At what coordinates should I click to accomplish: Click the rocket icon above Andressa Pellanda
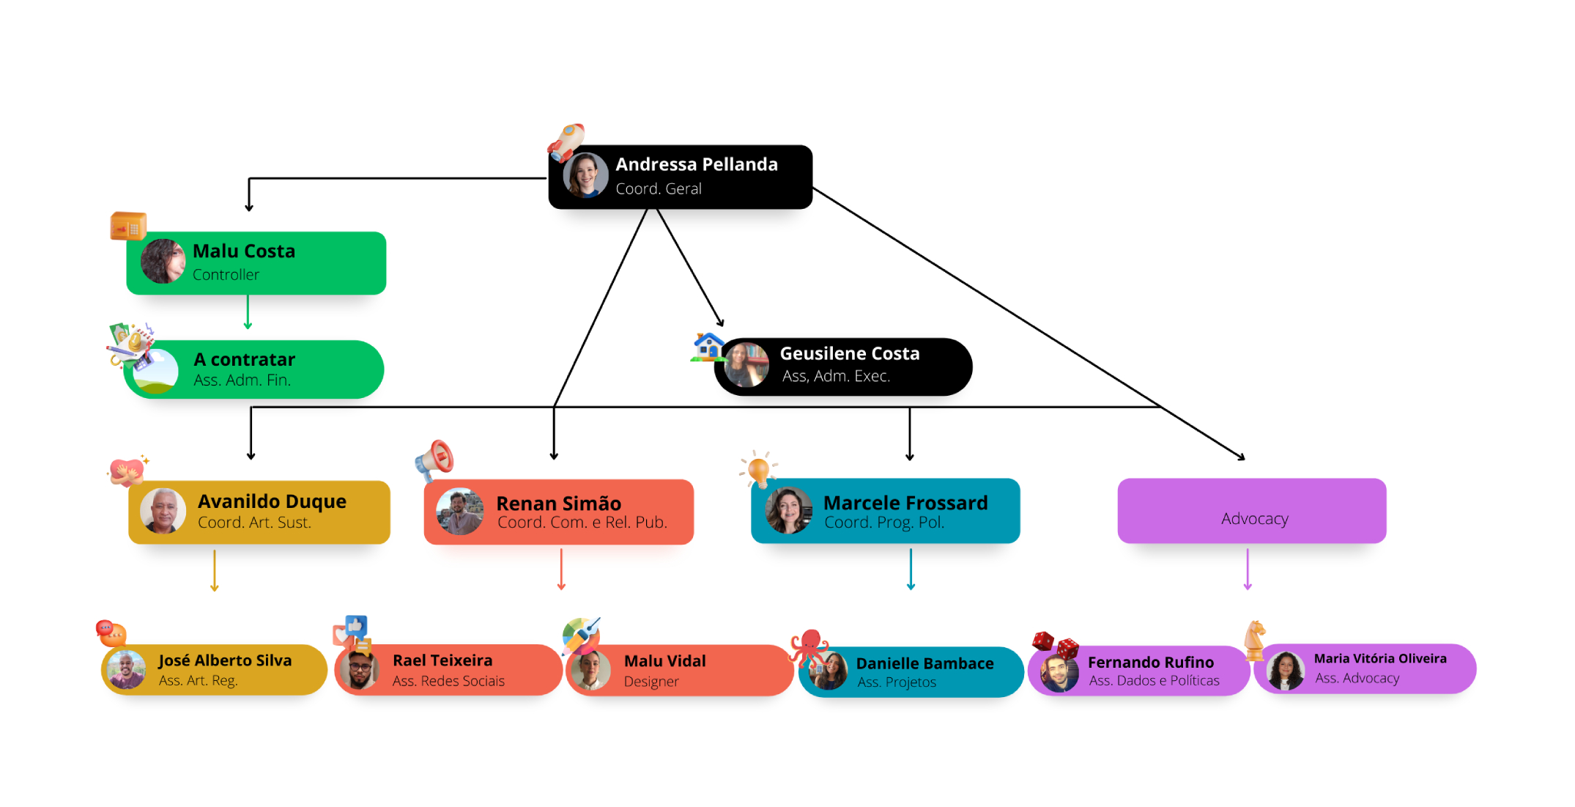pyautogui.click(x=568, y=141)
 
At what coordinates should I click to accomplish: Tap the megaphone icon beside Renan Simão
pyautogui.click(x=435, y=460)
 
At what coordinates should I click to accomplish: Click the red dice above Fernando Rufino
pyautogui.click(x=1055, y=644)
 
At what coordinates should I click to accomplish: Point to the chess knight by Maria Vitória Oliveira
pyautogui.click(x=1255, y=638)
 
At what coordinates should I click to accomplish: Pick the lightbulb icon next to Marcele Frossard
pyautogui.click(x=758, y=468)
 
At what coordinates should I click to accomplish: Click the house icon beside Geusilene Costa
pyautogui.click(x=708, y=346)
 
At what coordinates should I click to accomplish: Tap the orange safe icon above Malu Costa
pyautogui.click(x=128, y=226)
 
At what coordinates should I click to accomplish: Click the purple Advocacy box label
pyautogui.click(x=1254, y=519)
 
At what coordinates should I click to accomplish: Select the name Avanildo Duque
pyautogui.click(x=272, y=501)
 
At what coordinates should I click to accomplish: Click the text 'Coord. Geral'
pyautogui.click(x=658, y=189)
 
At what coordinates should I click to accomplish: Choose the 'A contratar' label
pyautogui.click(x=244, y=360)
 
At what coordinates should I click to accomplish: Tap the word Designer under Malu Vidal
pyautogui.click(x=651, y=682)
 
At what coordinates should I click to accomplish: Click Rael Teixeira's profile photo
pyautogui.click(x=359, y=669)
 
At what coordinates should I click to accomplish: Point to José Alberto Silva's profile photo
pyautogui.click(x=126, y=669)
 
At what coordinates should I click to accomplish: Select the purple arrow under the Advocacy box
pyautogui.click(x=1248, y=570)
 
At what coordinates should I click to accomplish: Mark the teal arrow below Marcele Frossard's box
pyautogui.click(x=911, y=570)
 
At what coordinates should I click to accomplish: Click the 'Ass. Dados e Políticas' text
pyautogui.click(x=1154, y=681)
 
